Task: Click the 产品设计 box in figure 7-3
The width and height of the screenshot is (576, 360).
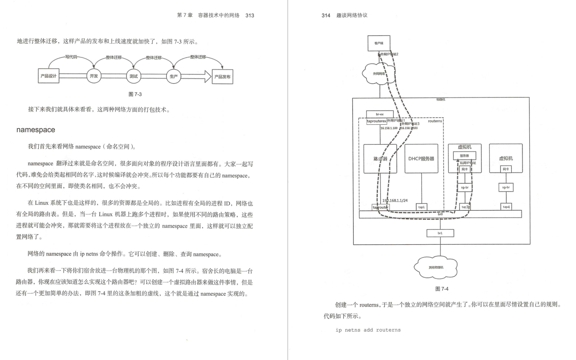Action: coord(48,76)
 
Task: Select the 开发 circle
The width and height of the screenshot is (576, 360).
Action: coord(94,76)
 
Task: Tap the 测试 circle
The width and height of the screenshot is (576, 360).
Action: coord(133,76)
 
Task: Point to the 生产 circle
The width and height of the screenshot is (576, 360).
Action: coord(173,76)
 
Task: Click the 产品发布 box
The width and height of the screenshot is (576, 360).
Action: coord(222,76)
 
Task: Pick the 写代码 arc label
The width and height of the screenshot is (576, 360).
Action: coord(72,57)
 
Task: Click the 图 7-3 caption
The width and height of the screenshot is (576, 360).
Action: coord(135,94)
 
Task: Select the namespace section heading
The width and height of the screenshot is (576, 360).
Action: coord(36,129)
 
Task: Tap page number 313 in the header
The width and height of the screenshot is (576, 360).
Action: coord(250,16)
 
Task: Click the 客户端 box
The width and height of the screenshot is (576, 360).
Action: coord(379,43)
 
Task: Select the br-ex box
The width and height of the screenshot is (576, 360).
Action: coord(380,114)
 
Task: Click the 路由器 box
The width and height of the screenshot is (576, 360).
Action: coord(380,158)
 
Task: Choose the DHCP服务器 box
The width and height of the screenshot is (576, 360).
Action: coord(421,158)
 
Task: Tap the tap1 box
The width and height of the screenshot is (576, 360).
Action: coord(421,207)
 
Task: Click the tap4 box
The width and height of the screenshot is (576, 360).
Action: coord(506,207)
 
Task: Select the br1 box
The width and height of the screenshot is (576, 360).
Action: coord(440,233)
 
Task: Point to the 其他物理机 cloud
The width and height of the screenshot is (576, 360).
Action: coord(436,267)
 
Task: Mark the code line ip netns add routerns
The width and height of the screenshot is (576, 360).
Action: coord(368,330)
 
